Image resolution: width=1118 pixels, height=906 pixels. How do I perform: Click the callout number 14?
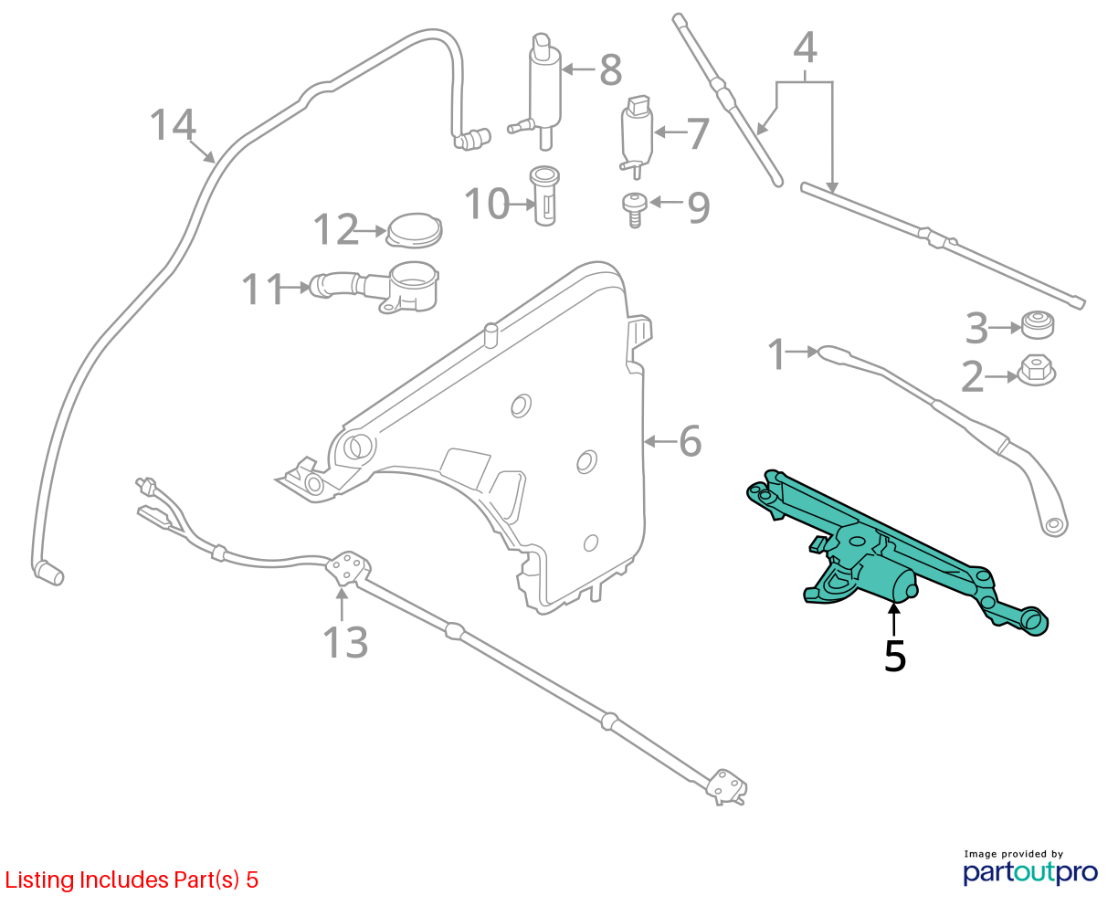(172, 124)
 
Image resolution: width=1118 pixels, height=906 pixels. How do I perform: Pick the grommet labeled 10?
(544, 194)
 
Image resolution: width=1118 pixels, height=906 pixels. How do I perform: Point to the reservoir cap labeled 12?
(414, 229)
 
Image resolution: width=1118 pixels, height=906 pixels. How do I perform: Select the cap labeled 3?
(1036, 323)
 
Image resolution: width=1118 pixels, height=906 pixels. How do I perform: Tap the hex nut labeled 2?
(1036, 370)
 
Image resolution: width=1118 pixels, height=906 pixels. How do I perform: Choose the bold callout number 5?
(895, 656)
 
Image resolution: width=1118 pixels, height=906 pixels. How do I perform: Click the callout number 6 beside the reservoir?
(691, 441)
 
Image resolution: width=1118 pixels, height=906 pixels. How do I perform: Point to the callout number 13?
(346, 642)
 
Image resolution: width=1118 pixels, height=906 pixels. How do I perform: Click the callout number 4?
(805, 47)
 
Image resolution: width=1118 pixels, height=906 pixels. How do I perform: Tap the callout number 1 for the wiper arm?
(777, 354)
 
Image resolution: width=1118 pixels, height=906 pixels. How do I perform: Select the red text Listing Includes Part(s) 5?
(132, 880)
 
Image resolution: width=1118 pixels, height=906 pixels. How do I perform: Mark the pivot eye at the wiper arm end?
(1054, 525)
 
